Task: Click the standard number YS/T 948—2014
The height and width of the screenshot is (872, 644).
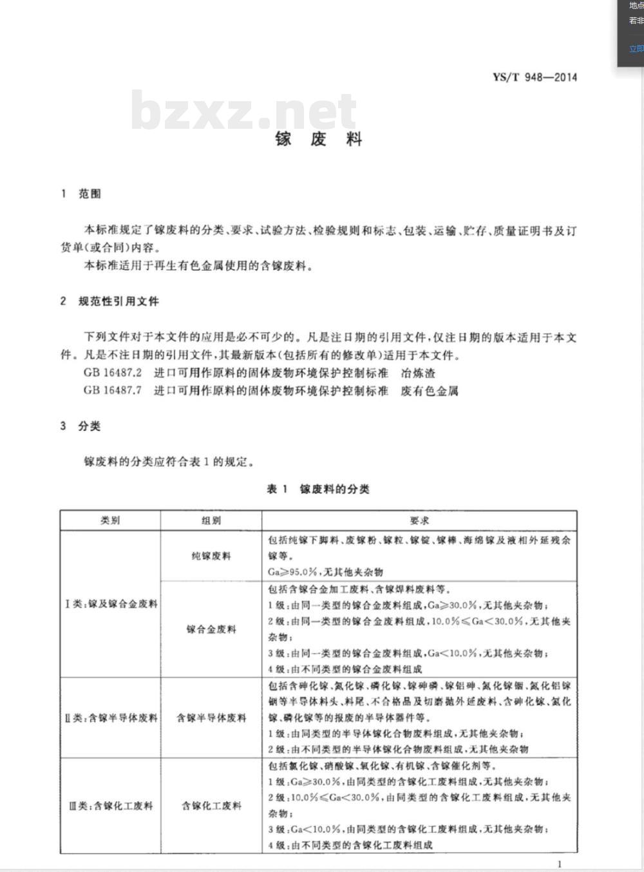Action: [x=535, y=77]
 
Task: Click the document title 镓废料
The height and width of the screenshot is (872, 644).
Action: [x=319, y=139]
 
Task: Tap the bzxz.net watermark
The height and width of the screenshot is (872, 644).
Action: [x=243, y=111]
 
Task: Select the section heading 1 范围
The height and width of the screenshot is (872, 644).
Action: [x=81, y=194]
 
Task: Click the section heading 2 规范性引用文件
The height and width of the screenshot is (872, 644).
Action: [x=109, y=301]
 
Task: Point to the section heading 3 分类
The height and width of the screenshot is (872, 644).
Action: [x=81, y=426]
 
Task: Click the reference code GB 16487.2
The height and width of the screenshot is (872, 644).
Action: [x=112, y=373]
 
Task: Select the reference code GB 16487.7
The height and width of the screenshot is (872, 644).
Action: [x=112, y=390]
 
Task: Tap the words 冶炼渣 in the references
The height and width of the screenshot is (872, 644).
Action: [x=419, y=373]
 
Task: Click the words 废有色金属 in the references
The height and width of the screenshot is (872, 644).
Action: [x=430, y=390]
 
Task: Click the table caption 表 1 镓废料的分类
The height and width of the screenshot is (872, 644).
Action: [x=318, y=489]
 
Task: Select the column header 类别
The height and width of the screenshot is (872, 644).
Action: [x=110, y=520]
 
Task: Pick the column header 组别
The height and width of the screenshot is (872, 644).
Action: [x=211, y=520]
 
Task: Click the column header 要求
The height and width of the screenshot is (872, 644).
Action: [x=419, y=520]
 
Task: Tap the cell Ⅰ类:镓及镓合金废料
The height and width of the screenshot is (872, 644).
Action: [x=111, y=604]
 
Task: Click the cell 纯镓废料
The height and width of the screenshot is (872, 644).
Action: [x=211, y=556]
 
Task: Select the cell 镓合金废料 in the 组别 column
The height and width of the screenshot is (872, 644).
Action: [x=211, y=629]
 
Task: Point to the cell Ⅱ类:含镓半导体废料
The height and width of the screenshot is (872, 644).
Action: [x=111, y=717]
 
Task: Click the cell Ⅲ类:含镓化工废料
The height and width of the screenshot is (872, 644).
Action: [x=111, y=805]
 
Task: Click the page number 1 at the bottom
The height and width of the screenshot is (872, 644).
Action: [x=560, y=864]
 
